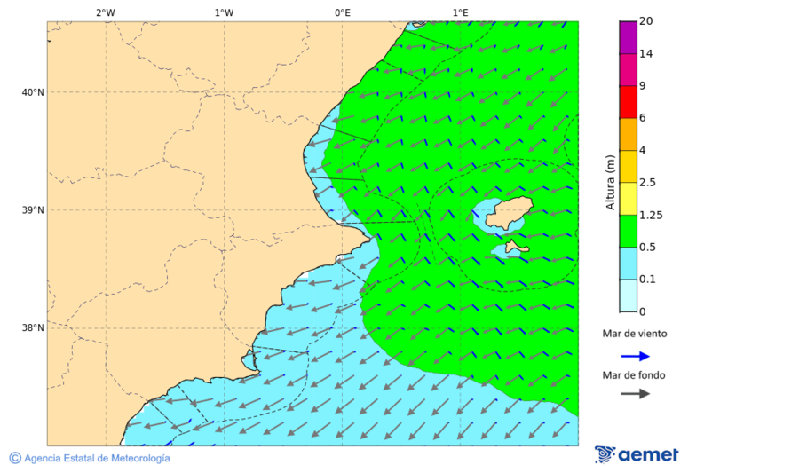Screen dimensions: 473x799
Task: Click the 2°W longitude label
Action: pyautogui.click(x=105, y=12)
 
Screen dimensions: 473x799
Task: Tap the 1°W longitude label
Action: pyautogui.click(x=224, y=12)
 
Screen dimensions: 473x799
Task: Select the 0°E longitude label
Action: pyautogui.click(x=342, y=12)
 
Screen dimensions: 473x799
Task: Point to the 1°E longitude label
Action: pyautogui.click(x=461, y=12)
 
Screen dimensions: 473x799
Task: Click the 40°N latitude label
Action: pyautogui.click(x=32, y=92)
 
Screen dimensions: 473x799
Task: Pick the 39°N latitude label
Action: pyautogui.click(x=32, y=210)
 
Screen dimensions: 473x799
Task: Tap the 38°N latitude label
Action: pyautogui.click(x=32, y=328)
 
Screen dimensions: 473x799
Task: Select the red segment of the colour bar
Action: pyautogui.click(x=628, y=101)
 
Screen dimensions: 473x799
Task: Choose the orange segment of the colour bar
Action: pyautogui.click(x=628, y=134)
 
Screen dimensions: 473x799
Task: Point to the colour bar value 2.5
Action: pyautogui.click(x=648, y=183)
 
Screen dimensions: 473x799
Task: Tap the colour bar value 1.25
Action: pyautogui.click(x=651, y=215)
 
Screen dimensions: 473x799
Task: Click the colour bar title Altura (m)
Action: pyautogui.click(x=610, y=183)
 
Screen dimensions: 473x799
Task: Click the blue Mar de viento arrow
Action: pyautogui.click(x=635, y=356)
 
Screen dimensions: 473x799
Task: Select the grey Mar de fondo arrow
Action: pyautogui.click(x=635, y=394)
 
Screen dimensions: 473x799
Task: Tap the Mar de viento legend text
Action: pyautogui.click(x=634, y=334)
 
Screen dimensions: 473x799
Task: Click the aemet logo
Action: pyautogui.click(x=637, y=454)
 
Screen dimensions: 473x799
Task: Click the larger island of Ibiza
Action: pyautogui.click(x=507, y=215)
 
